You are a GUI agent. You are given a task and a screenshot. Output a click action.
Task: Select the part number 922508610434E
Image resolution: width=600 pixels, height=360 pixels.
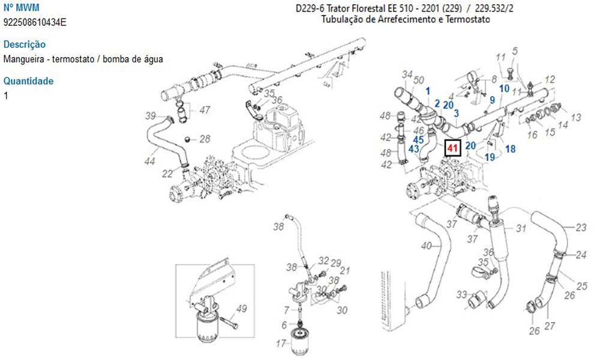pyautogui.click(x=35, y=22)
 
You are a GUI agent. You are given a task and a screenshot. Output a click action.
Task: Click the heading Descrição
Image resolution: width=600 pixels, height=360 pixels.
pyautogui.click(x=25, y=44)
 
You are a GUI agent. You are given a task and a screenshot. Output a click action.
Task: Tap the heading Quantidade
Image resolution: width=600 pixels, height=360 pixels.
pyautogui.click(x=28, y=81)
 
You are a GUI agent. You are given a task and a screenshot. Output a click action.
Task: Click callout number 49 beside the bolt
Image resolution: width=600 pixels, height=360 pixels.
pyautogui.click(x=241, y=309)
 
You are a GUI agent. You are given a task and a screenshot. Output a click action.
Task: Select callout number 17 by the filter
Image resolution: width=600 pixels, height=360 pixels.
pyautogui.click(x=280, y=344)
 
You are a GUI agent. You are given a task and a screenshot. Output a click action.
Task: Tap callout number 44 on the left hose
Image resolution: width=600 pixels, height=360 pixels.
pyautogui.click(x=150, y=161)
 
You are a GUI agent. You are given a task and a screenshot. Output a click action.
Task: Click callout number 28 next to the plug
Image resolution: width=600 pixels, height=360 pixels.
pyautogui.click(x=205, y=139)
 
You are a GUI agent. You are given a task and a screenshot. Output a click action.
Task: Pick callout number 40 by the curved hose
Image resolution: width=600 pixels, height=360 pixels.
pyautogui.click(x=427, y=245)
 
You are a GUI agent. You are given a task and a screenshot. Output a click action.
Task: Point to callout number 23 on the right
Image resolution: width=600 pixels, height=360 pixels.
pyautogui.click(x=580, y=228)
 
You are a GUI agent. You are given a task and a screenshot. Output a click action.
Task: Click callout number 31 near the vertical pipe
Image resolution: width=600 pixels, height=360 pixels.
pyautogui.click(x=521, y=228)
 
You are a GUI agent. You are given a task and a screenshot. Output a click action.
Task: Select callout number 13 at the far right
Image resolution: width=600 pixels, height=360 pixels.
pyautogui.click(x=576, y=118)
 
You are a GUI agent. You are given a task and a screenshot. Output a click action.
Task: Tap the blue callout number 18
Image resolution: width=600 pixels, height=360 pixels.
pyautogui.click(x=510, y=149)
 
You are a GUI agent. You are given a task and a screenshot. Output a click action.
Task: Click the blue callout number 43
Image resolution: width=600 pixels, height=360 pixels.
pyautogui.click(x=413, y=148)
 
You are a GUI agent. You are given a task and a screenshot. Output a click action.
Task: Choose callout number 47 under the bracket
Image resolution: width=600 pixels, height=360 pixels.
pyautogui.click(x=205, y=110)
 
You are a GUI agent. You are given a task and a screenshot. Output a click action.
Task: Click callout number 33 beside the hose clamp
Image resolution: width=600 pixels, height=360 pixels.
pyautogui.click(x=461, y=294)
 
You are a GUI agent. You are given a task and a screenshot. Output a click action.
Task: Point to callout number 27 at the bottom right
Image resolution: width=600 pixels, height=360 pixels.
pyautogui.click(x=550, y=326)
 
